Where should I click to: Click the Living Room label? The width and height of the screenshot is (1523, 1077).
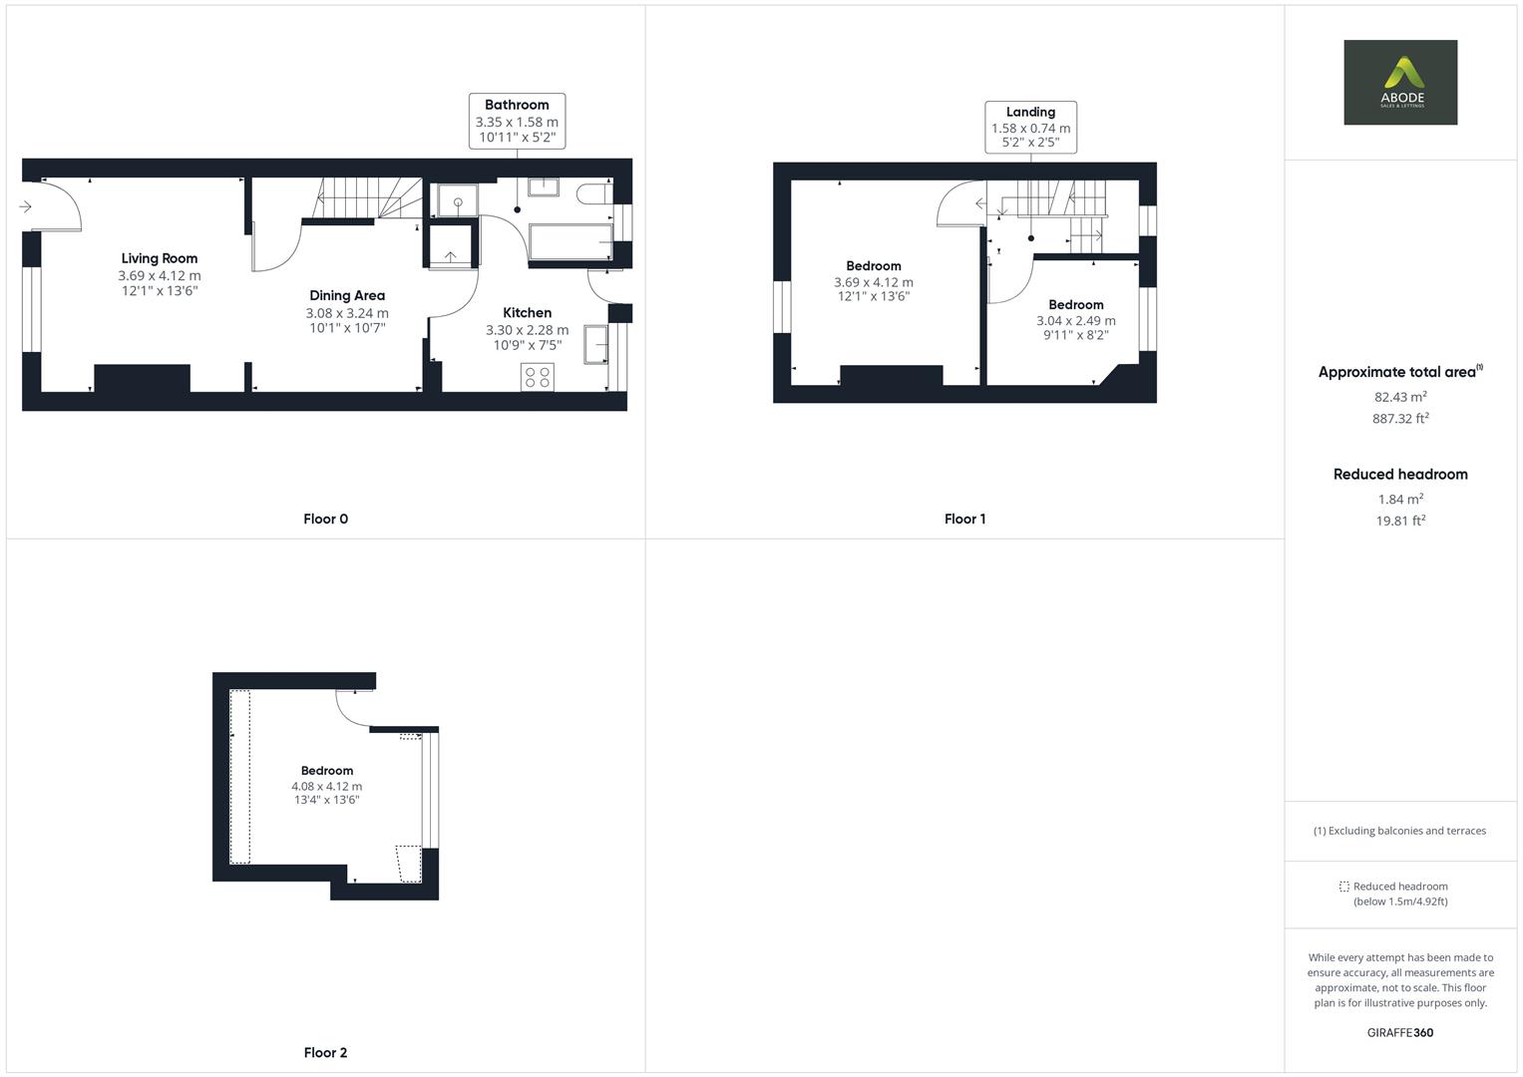pyautogui.click(x=160, y=259)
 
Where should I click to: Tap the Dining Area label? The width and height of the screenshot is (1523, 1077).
pyautogui.click(x=347, y=296)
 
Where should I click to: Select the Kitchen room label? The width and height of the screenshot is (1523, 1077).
pyautogui.click(x=527, y=313)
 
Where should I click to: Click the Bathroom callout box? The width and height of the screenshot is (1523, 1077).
pyautogui.click(x=517, y=121)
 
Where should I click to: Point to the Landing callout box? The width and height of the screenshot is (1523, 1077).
pyautogui.click(x=1030, y=127)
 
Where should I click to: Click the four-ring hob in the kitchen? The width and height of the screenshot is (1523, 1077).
pyautogui.click(x=538, y=377)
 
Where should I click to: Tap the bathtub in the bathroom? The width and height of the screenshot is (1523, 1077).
pyautogui.click(x=571, y=241)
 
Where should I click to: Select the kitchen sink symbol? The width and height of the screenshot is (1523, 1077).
pyautogui.click(x=596, y=343)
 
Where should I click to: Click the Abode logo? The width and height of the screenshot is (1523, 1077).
pyautogui.click(x=1400, y=83)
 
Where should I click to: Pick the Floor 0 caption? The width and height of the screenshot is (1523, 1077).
pyautogui.click(x=325, y=520)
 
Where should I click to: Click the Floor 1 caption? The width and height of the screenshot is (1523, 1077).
pyautogui.click(x=964, y=520)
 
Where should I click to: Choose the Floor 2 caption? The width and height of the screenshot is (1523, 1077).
pyautogui.click(x=325, y=1053)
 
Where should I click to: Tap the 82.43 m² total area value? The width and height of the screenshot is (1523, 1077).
pyautogui.click(x=1400, y=397)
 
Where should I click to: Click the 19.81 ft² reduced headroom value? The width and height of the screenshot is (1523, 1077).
pyautogui.click(x=1400, y=521)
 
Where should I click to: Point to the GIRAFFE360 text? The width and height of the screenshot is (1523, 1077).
pyautogui.click(x=1400, y=1033)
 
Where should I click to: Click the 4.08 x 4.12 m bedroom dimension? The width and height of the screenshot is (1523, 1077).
pyautogui.click(x=327, y=787)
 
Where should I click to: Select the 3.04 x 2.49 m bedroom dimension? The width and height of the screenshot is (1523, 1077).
pyautogui.click(x=1075, y=321)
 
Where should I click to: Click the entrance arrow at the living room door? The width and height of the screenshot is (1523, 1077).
pyautogui.click(x=26, y=207)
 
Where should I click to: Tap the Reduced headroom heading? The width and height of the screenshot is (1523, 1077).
pyautogui.click(x=1400, y=475)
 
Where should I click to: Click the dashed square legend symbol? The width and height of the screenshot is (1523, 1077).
pyautogui.click(x=1343, y=887)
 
